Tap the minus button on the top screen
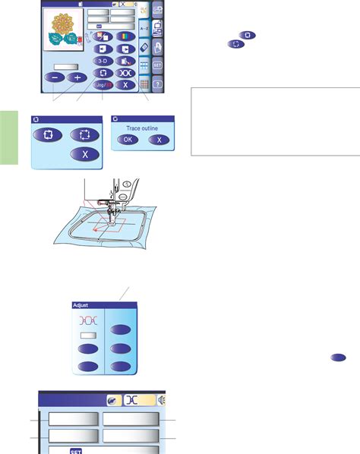tap(54, 77)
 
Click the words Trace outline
tap(140, 127)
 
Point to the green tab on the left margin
tap(8, 137)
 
